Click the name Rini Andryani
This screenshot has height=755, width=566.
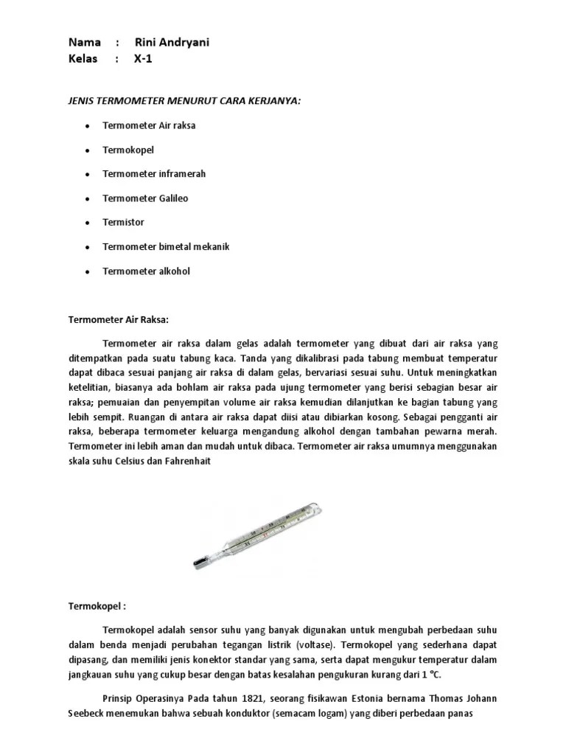(x=172, y=42)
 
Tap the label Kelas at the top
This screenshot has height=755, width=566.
(x=83, y=59)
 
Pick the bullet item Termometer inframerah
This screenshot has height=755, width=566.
(x=154, y=174)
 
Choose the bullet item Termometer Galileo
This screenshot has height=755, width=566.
(x=146, y=198)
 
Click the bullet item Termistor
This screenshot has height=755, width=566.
(x=123, y=222)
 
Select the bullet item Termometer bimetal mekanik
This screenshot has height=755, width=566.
(x=166, y=246)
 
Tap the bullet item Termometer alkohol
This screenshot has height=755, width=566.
(x=146, y=271)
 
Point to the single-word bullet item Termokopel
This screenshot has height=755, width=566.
(x=128, y=150)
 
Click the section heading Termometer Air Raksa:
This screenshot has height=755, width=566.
(x=119, y=320)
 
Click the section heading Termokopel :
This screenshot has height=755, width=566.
(x=97, y=606)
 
